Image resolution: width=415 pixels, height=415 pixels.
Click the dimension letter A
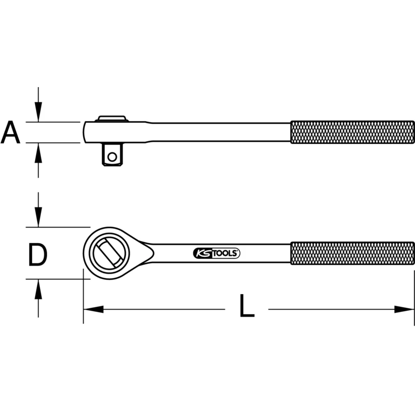click(10, 132)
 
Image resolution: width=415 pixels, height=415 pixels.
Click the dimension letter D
click(37, 255)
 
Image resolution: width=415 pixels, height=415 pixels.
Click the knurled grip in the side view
click(352, 132)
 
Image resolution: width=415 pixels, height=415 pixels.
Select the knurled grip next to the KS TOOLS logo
click(352, 253)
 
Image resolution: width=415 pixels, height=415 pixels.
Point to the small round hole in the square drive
click(112, 156)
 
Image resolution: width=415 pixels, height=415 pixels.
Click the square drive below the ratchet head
click(112, 154)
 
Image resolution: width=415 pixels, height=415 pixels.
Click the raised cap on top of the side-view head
click(111, 118)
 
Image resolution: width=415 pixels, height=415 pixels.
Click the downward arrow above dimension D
click(38, 216)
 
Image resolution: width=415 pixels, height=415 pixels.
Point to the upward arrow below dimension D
click(38, 290)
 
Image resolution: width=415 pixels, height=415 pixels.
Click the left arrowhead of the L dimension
click(93, 309)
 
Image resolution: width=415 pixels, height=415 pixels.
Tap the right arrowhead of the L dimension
click(404, 309)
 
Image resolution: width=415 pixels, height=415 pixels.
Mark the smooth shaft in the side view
click(220, 132)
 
